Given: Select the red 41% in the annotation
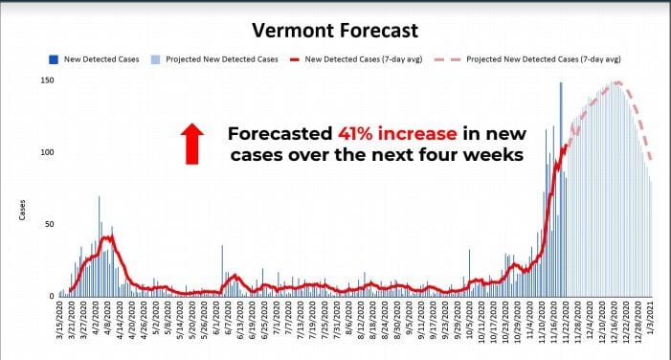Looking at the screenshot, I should [x=362, y=133].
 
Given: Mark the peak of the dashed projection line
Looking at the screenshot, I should [x=617, y=82].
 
